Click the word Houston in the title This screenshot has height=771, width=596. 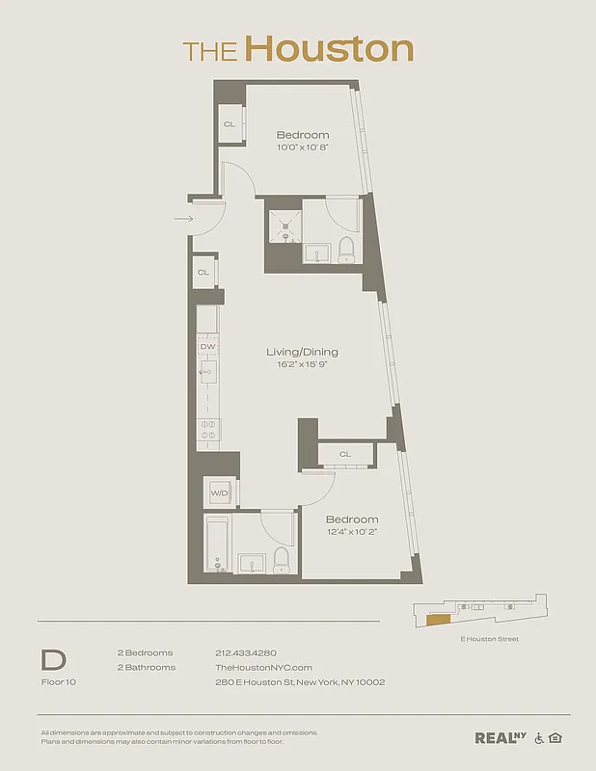tap(329, 48)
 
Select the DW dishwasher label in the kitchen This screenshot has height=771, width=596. tap(207, 346)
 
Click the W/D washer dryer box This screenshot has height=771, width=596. tap(218, 494)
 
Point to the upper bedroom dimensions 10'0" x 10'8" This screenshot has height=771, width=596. tap(302, 148)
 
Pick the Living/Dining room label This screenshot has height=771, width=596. tap(302, 353)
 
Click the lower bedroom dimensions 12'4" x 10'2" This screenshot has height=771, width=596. tap(351, 533)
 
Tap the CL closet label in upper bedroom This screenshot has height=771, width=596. tap(230, 124)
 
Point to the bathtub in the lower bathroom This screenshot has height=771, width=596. tap(217, 545)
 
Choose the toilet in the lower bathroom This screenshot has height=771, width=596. tap(282, 559)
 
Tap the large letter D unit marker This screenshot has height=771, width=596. tap(52, 660)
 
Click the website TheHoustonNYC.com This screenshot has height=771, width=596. tap(263, 667)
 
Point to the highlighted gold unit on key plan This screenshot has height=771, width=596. tap(438, 621)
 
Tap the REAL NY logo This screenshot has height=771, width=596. tap(501, 738)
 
